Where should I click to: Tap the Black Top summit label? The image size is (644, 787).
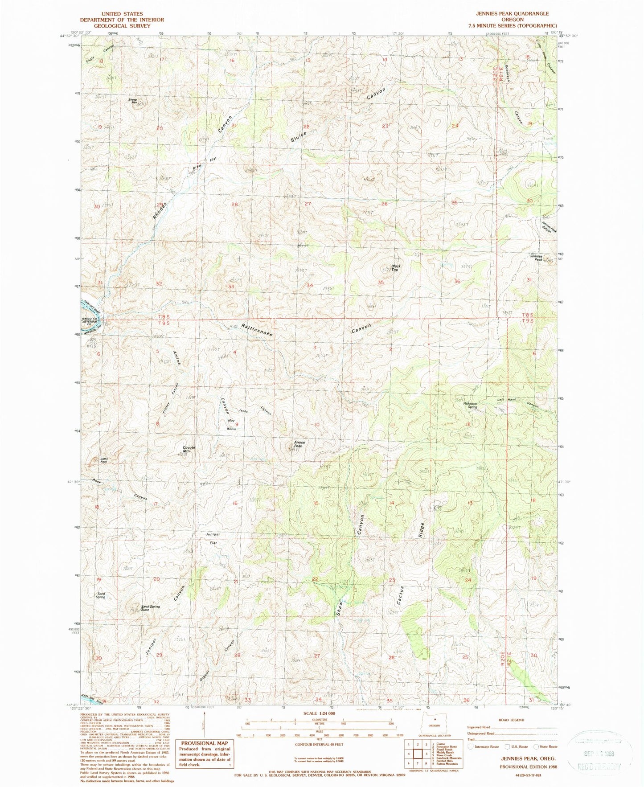(394, 268)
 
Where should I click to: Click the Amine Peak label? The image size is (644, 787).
(298, 444)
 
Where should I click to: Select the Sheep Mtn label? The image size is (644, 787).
(133, 101)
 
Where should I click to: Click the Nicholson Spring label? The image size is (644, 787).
(470, 405)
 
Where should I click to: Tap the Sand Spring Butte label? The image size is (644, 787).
(150, 607)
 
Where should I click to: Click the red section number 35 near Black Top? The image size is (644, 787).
(381, 283)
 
